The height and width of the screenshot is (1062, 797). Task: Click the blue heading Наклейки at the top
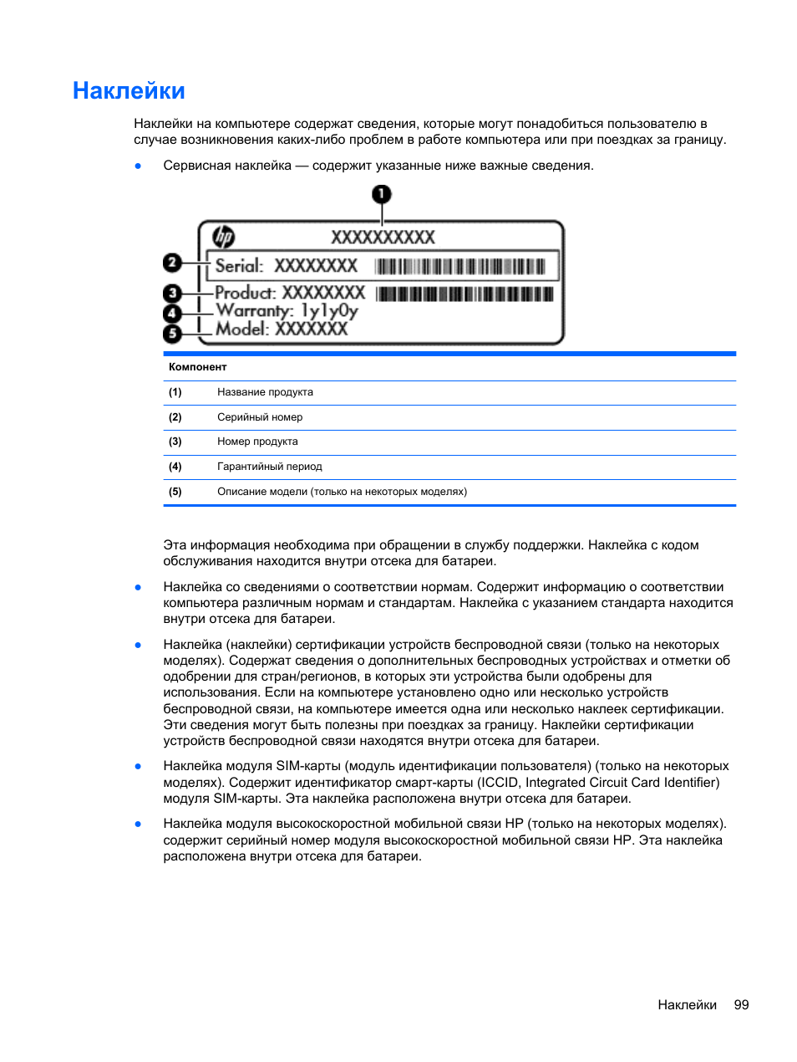[x=129, y=90]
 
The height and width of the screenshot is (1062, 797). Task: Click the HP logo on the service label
[x=223, y=237]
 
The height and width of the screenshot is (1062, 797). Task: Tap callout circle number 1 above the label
[x=381, y=195]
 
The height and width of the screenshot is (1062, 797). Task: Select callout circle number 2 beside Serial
[x=172, y=263]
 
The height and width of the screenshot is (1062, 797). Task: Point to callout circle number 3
[x=172, y=294]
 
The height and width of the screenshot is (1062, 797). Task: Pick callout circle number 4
[x=172, y=314]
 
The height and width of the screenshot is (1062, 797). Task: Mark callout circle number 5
[x=172, y=334]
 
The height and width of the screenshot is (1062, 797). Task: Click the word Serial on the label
[x=239, y=266]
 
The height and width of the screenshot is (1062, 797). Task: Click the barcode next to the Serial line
[x=459, y=267]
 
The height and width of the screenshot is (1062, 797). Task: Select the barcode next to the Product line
[x=464, y=294]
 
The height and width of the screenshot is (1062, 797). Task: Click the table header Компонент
[x=197, y=367]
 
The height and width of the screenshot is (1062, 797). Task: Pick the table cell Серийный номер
[x=260, y=417]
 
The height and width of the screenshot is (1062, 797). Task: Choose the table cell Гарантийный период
[x=269, y=467]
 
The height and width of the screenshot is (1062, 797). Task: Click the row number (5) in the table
[x=175, y=492]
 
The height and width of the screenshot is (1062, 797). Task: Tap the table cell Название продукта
[x=265, y=392]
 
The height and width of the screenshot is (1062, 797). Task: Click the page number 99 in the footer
[x=741, y=1005]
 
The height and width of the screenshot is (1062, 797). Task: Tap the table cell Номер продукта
[x=257, y=442]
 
